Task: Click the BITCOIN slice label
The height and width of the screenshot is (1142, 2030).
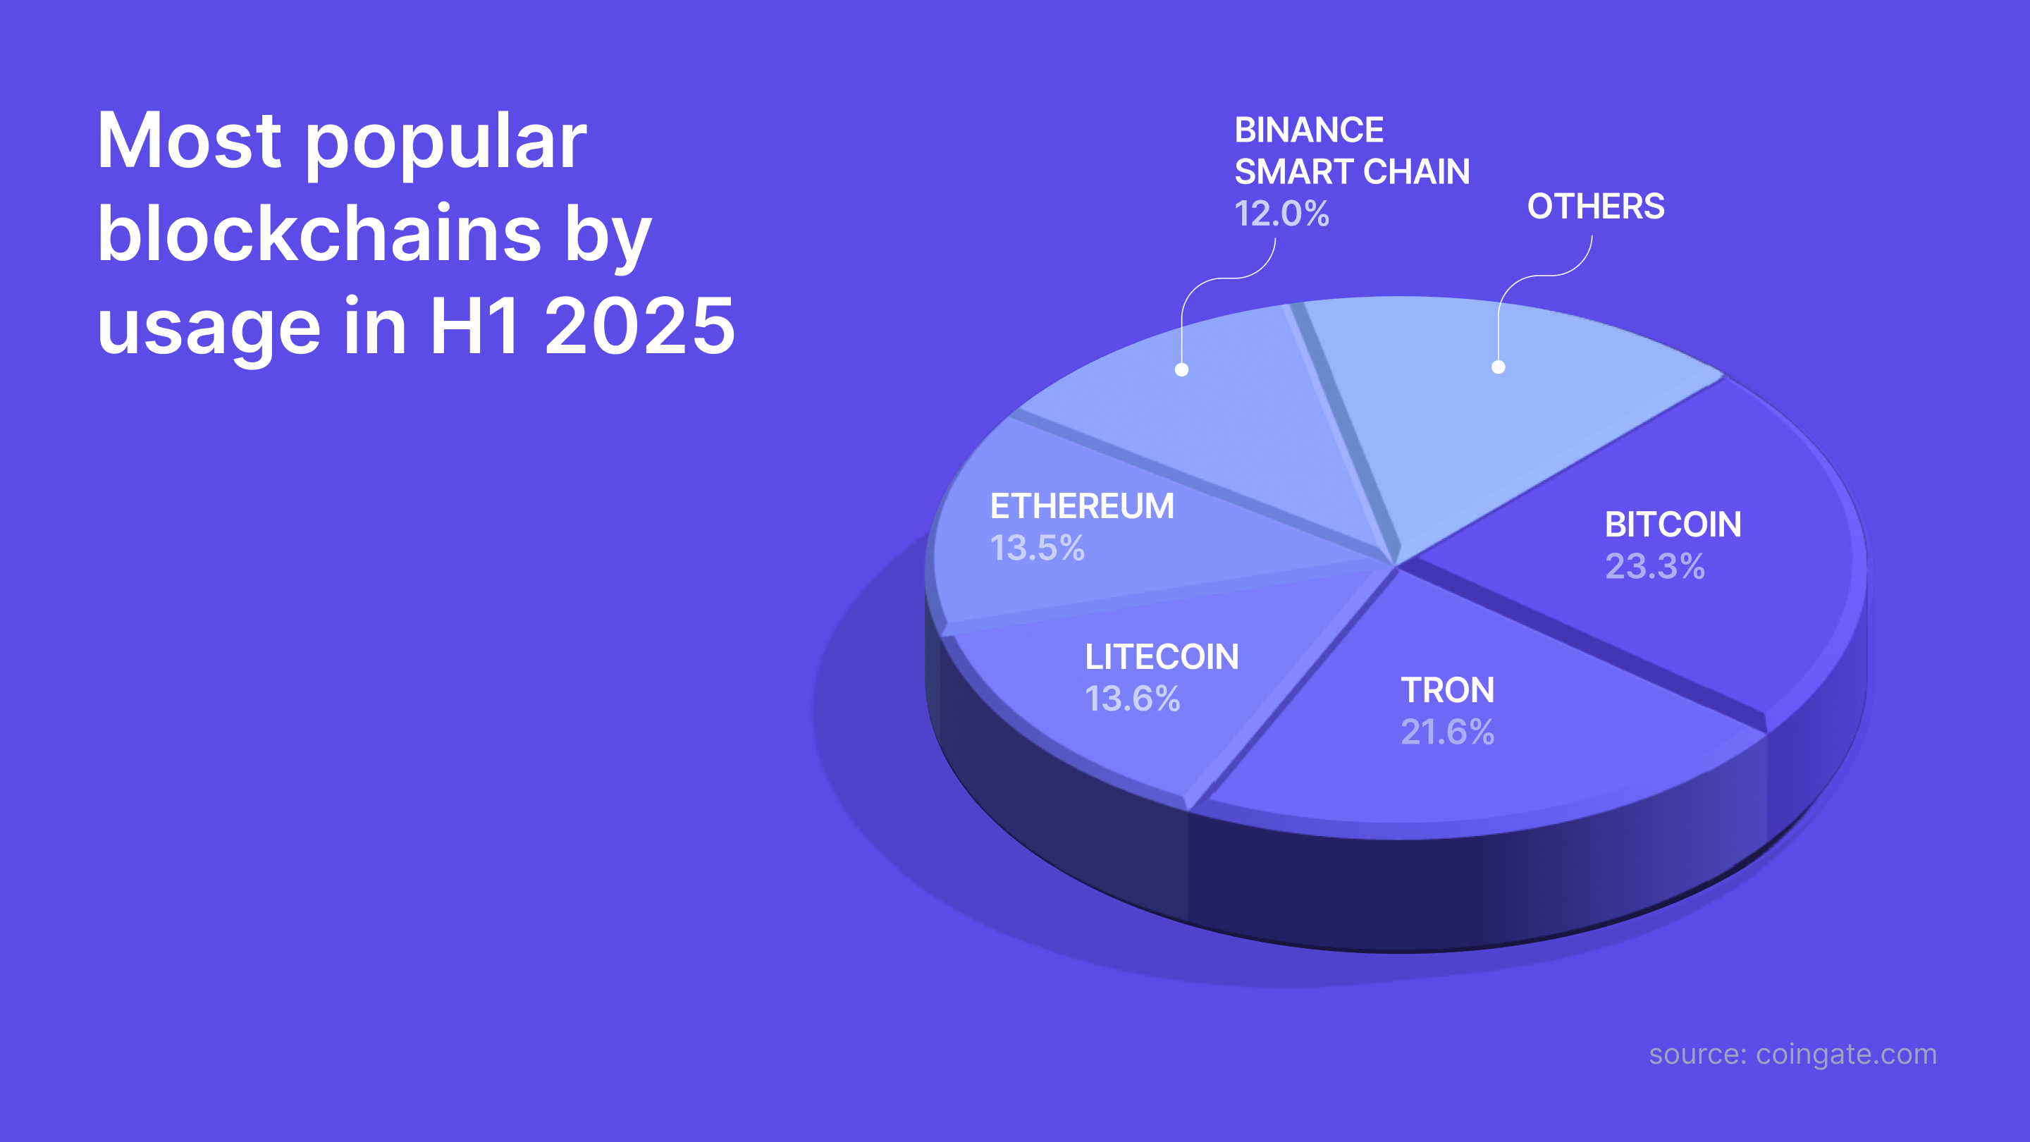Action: [x=1673, y=525]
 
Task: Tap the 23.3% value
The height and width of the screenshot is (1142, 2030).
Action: [x=1655, y=567]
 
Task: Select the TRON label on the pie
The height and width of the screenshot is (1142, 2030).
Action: [x=1448, y=690]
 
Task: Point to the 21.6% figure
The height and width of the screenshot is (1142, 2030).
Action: [x=1448, y=732]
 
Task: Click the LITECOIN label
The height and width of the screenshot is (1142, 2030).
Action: [x=1162, y=657]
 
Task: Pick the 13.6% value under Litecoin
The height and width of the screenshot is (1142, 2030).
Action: [x=1133, y=699]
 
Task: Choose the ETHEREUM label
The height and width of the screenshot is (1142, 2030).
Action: [x=1082, y=507]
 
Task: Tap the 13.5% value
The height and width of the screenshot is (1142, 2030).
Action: [x=1037, y=548]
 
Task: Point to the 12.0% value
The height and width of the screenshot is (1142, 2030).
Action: [x=1281, y=214]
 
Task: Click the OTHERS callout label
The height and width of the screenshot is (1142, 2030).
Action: [x=1596, y=207]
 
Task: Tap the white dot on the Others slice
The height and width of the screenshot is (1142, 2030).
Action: [x=1498, y=367]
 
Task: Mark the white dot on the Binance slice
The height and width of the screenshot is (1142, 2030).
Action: [x=1181, y=369]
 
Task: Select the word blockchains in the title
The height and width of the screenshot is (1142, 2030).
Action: [x=319, y=234]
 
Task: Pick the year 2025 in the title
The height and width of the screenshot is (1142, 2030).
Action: [x=640, y=326]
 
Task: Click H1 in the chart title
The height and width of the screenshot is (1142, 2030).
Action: [x=474, y=326]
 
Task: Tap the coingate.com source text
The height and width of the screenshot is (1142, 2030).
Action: [x=1845, y=1055]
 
